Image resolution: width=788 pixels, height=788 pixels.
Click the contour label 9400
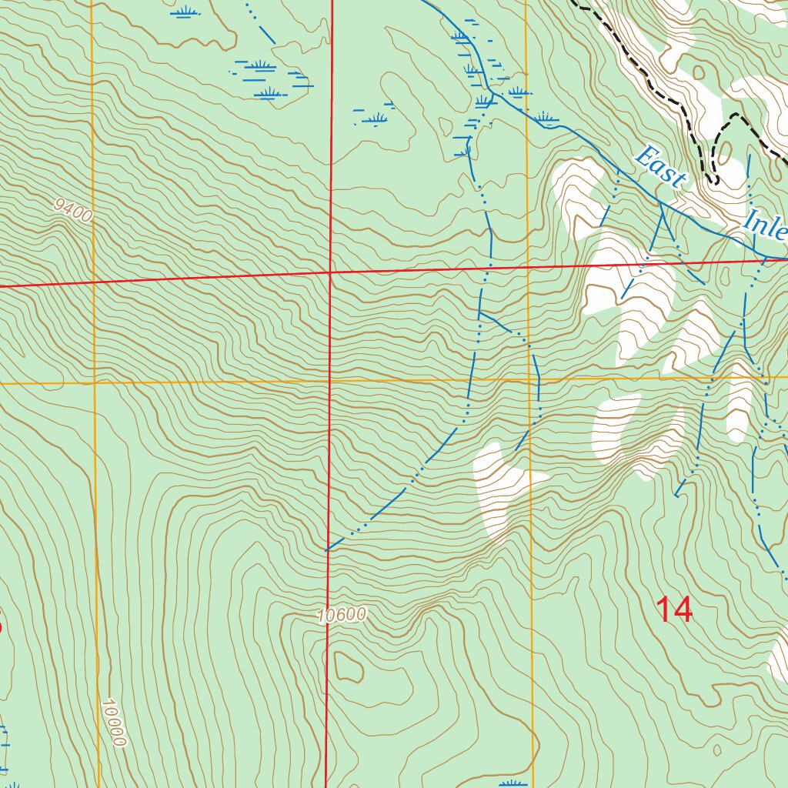coord(73,210)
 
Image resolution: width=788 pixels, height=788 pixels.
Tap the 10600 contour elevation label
coord(341,614)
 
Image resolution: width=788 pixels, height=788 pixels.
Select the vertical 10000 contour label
coord(112,722)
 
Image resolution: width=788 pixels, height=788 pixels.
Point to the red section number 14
coord(674,610)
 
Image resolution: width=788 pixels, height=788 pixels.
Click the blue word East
coord(659,167)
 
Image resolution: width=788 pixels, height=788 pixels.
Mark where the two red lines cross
coord(330,272)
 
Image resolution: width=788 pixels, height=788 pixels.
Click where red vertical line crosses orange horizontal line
coord(329,381)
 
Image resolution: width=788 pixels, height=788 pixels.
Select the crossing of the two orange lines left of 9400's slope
coord(93,382)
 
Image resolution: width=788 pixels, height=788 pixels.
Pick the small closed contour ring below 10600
coord(348,666)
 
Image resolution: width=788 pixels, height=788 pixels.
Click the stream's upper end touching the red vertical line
coord(327,550)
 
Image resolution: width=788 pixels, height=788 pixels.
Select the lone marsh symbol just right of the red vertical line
coord(376,119)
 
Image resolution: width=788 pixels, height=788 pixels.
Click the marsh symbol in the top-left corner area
coord(183,12)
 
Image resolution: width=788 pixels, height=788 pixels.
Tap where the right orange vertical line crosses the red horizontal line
coord(528,267)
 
